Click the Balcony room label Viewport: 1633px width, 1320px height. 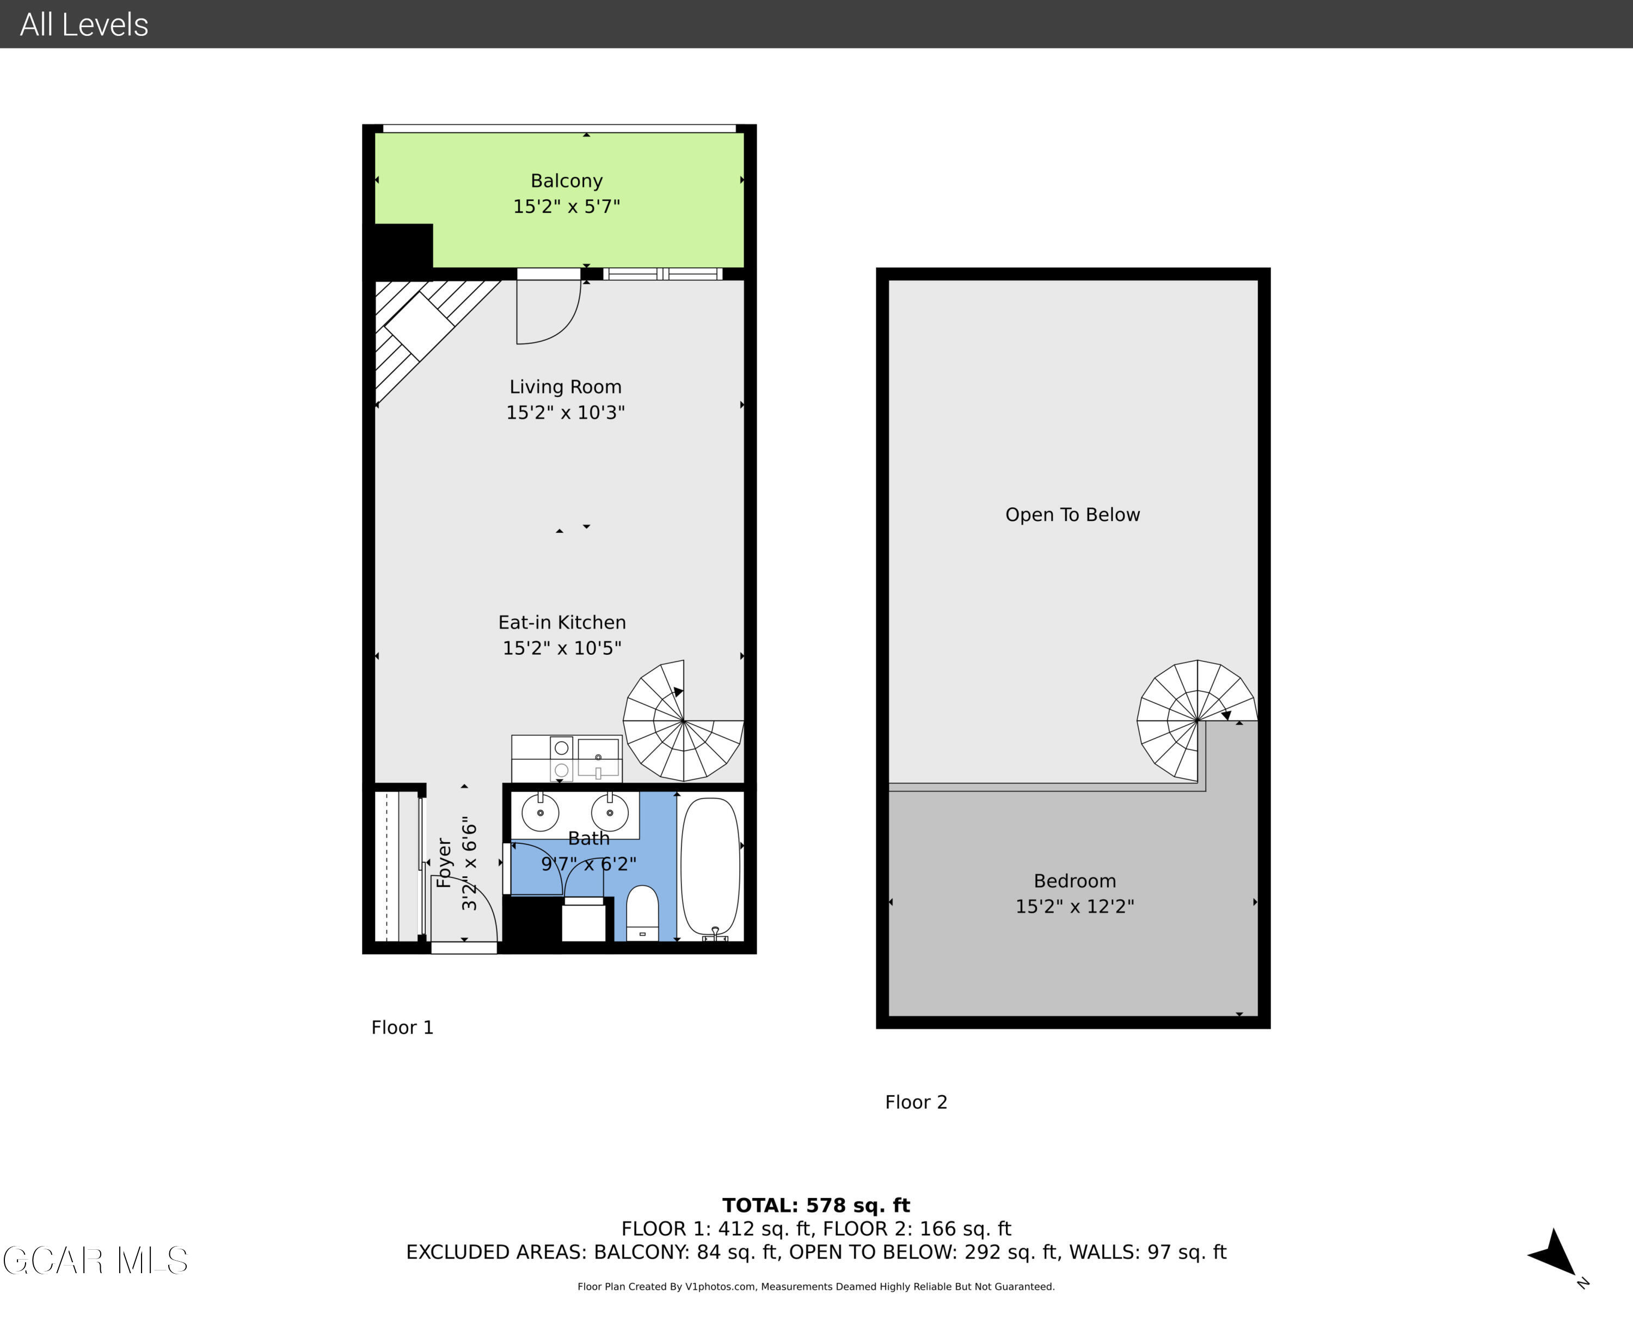point(567,181)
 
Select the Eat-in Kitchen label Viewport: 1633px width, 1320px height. point(562,623)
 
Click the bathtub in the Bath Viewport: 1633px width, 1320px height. point(710,867)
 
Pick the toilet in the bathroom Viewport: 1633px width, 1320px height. point(642,912)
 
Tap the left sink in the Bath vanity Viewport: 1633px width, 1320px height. point(541,813)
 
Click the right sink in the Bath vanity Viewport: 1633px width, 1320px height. point(610,813)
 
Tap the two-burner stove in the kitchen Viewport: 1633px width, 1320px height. point(562,759)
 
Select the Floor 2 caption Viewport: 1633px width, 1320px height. point(916,1102)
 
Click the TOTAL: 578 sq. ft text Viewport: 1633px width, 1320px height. point(816,1205)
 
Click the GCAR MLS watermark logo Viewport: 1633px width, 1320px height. point(96,1261)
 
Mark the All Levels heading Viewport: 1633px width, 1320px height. point(84,24)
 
